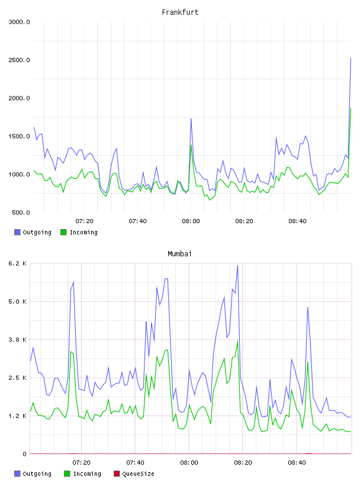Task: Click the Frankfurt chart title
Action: [180, 12]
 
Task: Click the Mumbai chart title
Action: [179, 254]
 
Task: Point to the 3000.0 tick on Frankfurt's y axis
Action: [19, 22]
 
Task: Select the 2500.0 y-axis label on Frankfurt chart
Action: [19, 60]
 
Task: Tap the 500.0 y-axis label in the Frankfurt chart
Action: [21, 212]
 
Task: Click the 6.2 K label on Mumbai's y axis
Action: [17, 263]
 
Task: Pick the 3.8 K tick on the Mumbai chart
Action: [17, 340]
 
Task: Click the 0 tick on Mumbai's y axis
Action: [24, 454]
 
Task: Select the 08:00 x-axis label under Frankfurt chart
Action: [191, 221]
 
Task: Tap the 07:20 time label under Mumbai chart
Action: [81, 463]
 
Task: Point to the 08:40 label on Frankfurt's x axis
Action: [297, 221]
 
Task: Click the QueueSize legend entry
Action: [134, 474]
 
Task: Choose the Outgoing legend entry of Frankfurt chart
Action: [33, 232]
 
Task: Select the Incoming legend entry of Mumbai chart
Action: [83, 474]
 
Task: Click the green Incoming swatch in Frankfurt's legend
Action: [63, 232]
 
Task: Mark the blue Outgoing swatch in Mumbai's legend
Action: [17, 474]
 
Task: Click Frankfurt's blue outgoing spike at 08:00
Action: [191, 118]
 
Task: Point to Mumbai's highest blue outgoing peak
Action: [237, 266]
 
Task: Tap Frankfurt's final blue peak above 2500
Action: [351, 58]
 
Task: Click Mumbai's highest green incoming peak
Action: [237, 340]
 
